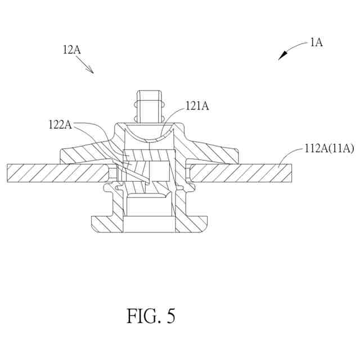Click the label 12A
pos(71,49)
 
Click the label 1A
pos(316,42)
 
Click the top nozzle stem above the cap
pos(149,106)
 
